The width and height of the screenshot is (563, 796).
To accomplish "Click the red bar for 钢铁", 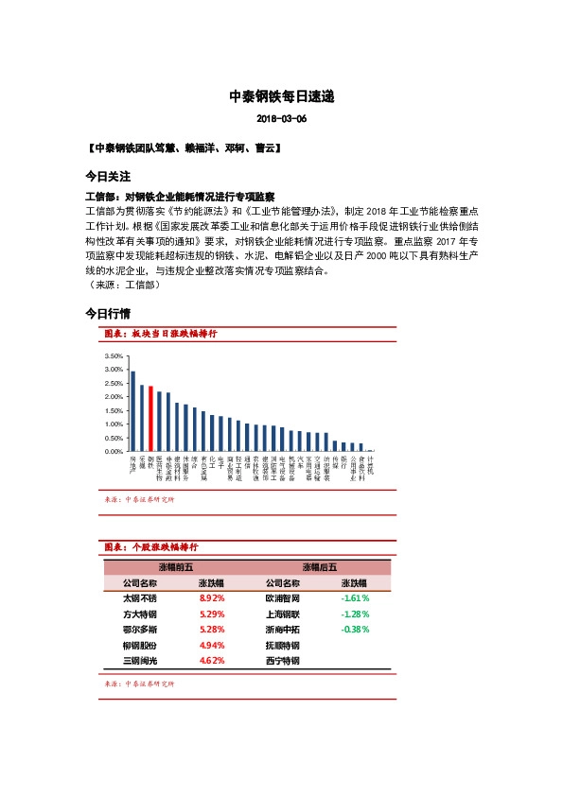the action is (x=150, y=419).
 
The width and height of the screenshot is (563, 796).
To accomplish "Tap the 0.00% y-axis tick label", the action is (x=113, y=452).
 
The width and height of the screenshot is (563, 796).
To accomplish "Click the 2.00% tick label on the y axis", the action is (x=113, y=397).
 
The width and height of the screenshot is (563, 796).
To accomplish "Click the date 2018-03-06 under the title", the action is (x=282, y=119).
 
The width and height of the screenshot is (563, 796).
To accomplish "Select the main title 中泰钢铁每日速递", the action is (x=282, y=96).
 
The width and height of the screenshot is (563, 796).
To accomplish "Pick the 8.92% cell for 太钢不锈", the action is (x=212, y=598).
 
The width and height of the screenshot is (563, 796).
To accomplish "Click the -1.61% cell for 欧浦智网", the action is (x=355, y=598).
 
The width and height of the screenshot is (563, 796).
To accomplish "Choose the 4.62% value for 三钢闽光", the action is (x=212, y=660).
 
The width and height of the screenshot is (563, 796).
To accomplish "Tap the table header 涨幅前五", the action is (x=176, y=567).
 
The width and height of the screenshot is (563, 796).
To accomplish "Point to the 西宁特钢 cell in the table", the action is (x=283, y=660).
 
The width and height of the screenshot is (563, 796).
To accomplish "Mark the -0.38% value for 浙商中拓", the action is (x=355, y=629).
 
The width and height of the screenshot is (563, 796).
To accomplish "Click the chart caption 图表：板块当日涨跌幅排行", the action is (x=161, y=335).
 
